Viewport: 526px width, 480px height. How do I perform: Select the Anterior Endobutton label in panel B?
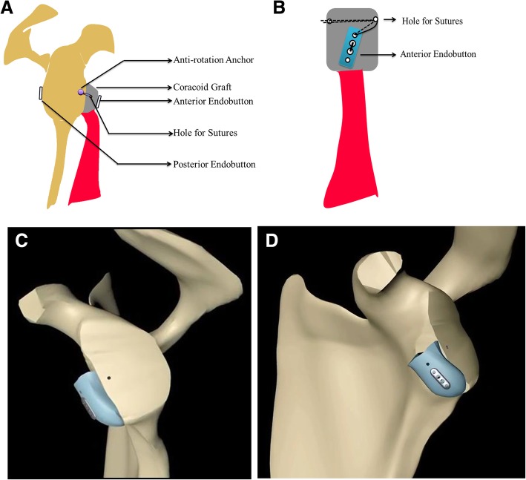438,53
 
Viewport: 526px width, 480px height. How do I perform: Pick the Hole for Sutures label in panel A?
196,134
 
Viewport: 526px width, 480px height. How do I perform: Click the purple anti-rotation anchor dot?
80,92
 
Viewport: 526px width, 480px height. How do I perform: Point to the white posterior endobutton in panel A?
42,93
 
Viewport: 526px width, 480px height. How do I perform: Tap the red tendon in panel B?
348,141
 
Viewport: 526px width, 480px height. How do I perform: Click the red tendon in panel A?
88,163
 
